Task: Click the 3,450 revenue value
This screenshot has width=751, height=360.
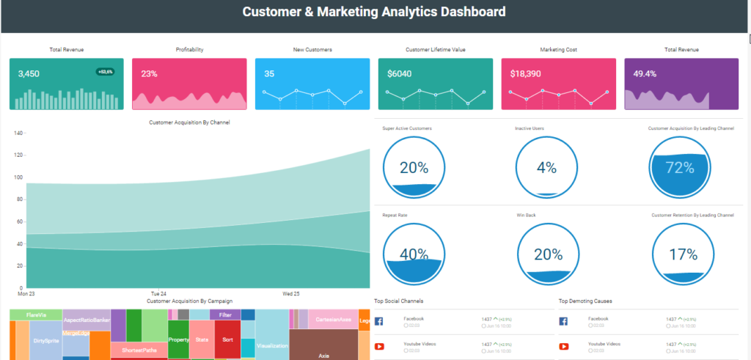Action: click(29, 74)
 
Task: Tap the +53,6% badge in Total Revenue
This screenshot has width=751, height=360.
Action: click(106, 72)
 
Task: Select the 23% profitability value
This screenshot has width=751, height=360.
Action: click(149, 74)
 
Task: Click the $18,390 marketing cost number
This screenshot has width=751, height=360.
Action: click(526, 74)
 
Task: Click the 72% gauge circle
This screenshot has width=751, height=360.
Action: click(679, 167)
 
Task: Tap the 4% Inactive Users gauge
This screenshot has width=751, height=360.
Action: click(546, 167)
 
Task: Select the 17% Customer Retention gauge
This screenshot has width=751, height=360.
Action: click(682, 254)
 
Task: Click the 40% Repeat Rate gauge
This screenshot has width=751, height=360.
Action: click(414, 254)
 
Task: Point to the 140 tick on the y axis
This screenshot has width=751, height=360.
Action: click(19, 133)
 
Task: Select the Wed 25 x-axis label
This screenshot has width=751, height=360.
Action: click(290, 293)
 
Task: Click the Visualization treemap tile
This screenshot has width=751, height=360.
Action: click(272, 345)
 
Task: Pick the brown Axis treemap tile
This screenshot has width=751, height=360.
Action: click(323, 355)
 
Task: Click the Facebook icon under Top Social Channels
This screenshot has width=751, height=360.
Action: click(379, 321)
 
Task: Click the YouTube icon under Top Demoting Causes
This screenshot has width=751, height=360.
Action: click(564, 347)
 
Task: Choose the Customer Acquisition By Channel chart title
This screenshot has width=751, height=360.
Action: click(189, 122)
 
